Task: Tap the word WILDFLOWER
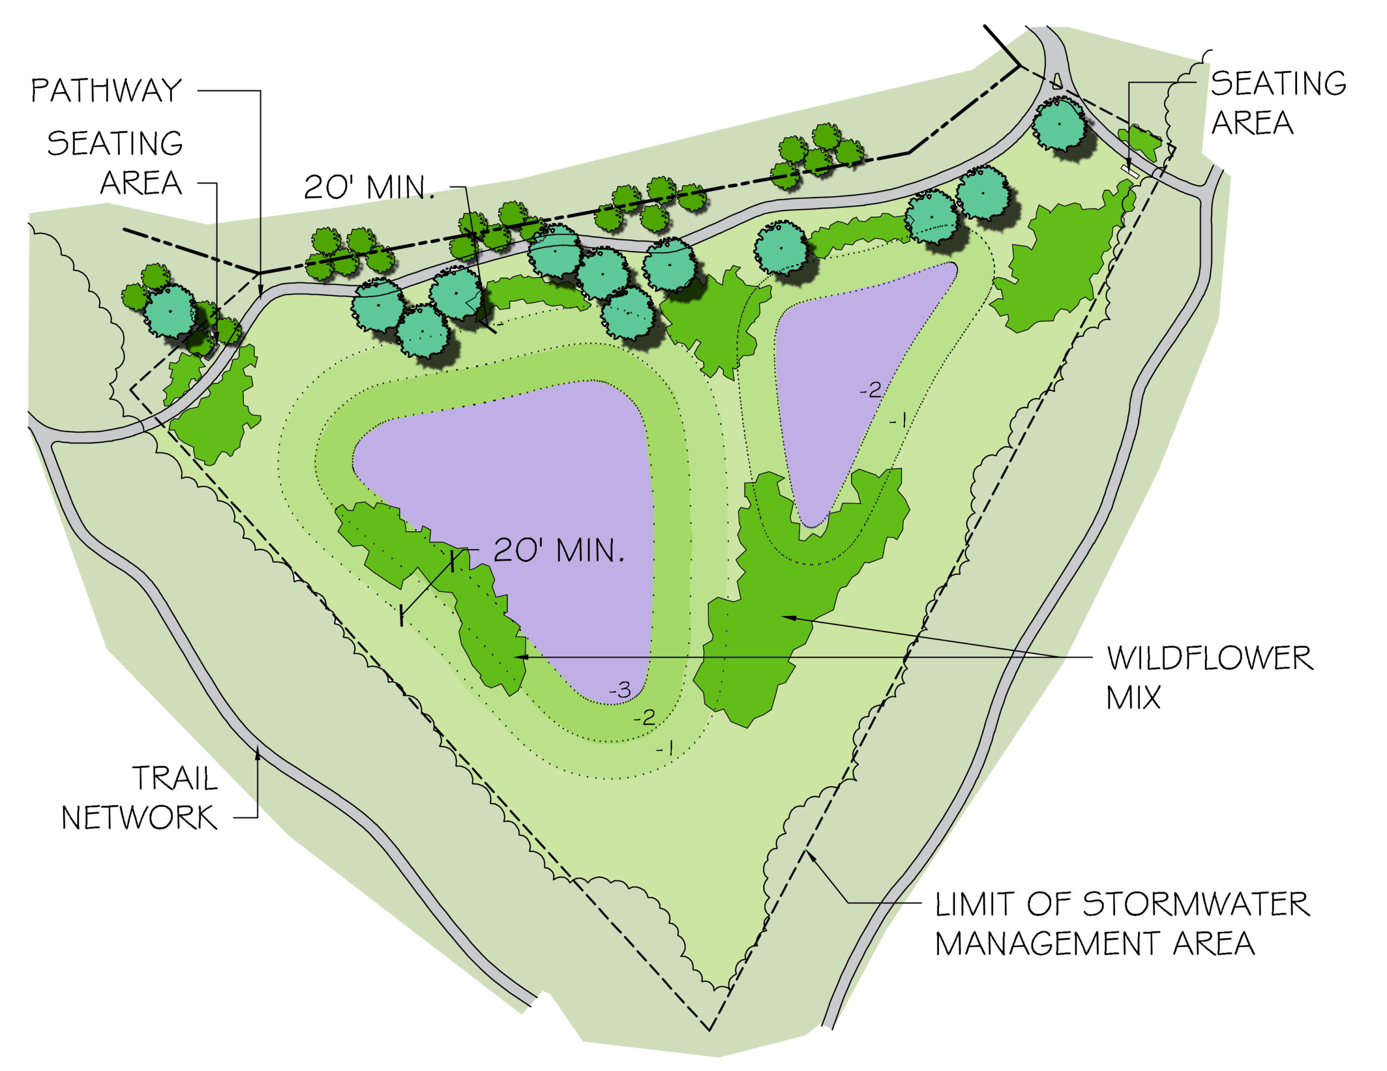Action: [1209, 658]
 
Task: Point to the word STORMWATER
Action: [1195, 904]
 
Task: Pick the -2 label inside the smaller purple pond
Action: [870, 390]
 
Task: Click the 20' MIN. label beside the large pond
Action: [559, 551]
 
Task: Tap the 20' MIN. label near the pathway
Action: [369, 187]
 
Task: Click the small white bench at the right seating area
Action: [1130, 170]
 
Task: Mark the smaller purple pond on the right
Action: [851, 368]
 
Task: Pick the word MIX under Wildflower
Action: [1133, 698]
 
